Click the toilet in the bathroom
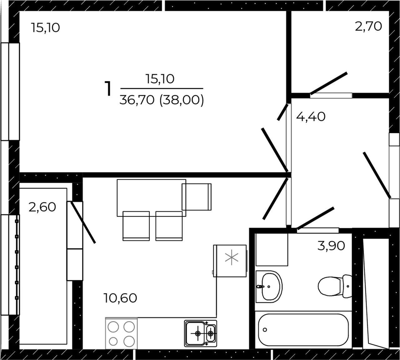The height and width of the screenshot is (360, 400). pyautogui.click(x=335, y=286)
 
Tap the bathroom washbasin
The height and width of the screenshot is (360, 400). pyautogui.click(x=269, y=286)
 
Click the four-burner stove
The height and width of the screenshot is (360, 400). pyautogui.click(x=121, y=333)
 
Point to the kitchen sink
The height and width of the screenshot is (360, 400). pyautogui.click(x=201, y=333)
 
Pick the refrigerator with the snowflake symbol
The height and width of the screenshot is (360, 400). pyautogui.click(x=230, y=261)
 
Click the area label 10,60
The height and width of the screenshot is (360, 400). pyautogui.click(x=120, y=298)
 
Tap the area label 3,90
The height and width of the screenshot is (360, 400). pyautogui.click(x=331, y=246)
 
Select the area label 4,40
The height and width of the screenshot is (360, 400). pyautogui.click(x=311, y=117)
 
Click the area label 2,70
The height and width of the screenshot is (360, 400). pyautogui.click(x=368, y=27)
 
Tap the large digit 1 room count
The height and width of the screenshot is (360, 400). pyautogui.click(x=108, y=89)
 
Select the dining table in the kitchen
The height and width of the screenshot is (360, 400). pyautogui.click(x=152, y=198)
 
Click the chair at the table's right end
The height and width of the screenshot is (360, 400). pyautogui.click(x=197, y=197)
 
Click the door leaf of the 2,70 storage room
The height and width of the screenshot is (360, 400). pyautogui.click(x=329, y=83)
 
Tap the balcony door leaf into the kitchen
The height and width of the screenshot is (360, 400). pyautogui.click(x=83, y=222)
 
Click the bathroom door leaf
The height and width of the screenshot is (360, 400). pyautogui.click(x=315, y=218)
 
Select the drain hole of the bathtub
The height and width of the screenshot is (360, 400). pyautogui.click(x=265, y=330)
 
